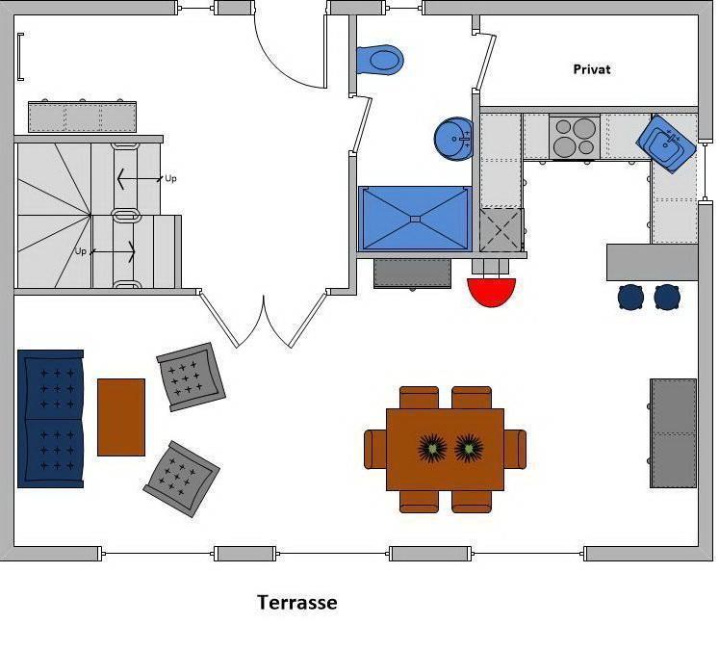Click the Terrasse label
[x=296, y=603]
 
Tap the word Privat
[x=592, y=69]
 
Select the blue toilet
[x=381, y=61]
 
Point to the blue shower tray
[x=415, y=219]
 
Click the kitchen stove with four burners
[x=574, y=137]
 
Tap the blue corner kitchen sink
[x=666, y=143]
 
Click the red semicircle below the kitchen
[x=492, y=290]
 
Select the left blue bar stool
[x=631, y=297]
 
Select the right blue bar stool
[x=667, y=297]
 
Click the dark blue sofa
[x=51, y=419]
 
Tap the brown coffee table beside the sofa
[x=121, y=416]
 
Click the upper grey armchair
[x=191, y=377]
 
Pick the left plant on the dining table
[x=432, y=448]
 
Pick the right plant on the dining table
[x=469, y=448]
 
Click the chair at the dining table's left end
[x=374, y=449]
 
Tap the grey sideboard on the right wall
[x=673, y=432]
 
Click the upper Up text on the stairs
[x=170, y=178]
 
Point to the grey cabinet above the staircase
[x=82, y=117]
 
